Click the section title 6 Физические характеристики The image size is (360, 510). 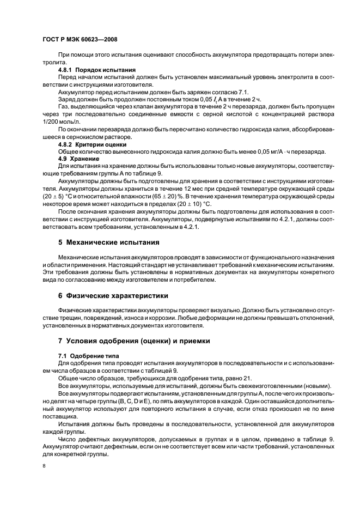point(113,295)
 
